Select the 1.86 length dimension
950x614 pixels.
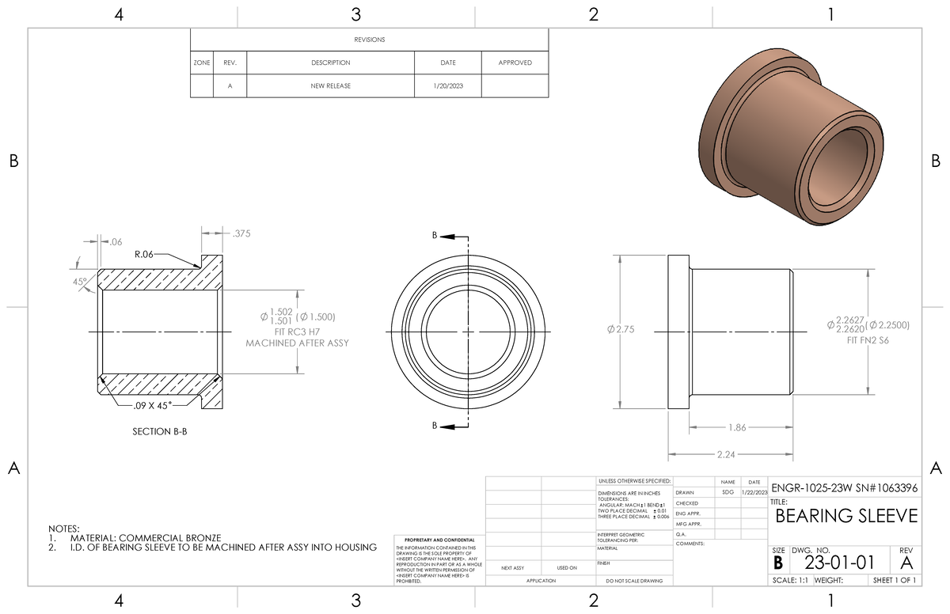[736, 428]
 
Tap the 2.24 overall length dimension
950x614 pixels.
[725, 455]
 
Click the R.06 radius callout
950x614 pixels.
[144, 255]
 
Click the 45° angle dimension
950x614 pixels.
[80, 282]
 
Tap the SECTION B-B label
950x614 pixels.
[160, 432]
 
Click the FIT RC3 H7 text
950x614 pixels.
[298, 332]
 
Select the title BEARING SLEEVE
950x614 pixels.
[846, 517]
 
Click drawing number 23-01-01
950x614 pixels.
[840, 563]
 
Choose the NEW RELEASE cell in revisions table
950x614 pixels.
[330, 85]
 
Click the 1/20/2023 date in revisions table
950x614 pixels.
[447, 85]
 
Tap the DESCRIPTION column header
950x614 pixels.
[330, 63]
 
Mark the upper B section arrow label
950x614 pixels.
[434, 236]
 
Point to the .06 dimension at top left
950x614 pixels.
[116, 242]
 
